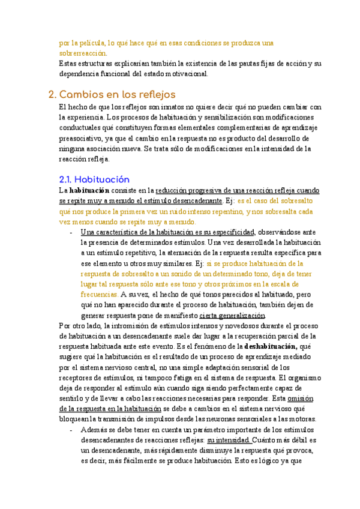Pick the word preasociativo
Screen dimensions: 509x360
coord(82,139)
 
